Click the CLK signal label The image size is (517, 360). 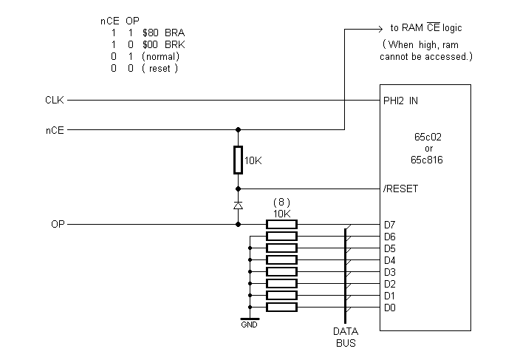54,100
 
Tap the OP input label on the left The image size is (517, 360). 57,224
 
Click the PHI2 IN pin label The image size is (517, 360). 400,100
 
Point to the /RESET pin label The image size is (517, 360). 401,189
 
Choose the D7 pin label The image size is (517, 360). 389,224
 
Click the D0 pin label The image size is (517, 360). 389,307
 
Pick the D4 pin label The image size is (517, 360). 389,259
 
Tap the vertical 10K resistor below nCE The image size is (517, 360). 238,159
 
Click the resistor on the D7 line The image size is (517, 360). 281,224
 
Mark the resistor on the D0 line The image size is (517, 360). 281,307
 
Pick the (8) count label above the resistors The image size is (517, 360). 281,202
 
